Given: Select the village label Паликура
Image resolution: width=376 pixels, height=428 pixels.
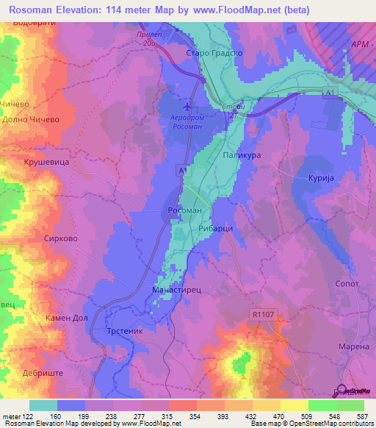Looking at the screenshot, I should click(x=242, y=156).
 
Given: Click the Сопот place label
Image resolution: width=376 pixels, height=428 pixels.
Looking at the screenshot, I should click(x=345, y=283).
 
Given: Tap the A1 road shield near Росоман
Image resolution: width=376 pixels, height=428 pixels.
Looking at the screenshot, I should click(x=182, y=170).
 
